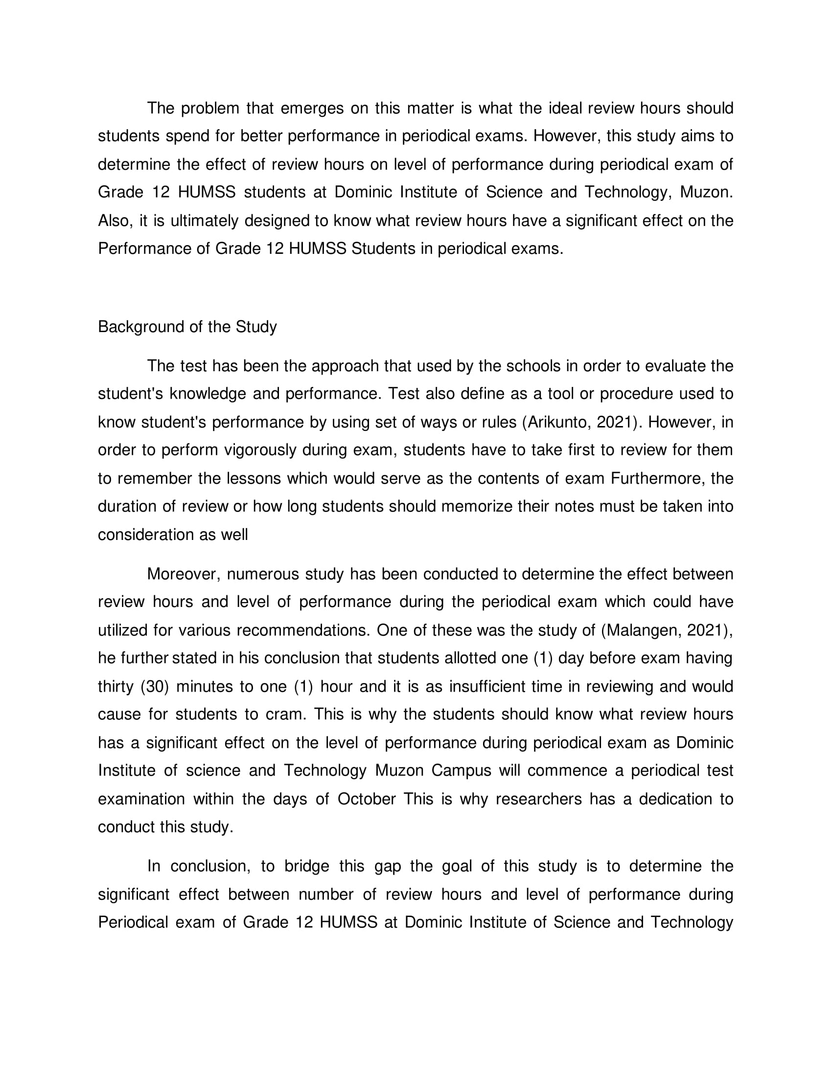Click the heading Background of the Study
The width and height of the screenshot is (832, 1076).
[x=187, y=327]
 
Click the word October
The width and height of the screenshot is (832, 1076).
[x=366, y=799]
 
